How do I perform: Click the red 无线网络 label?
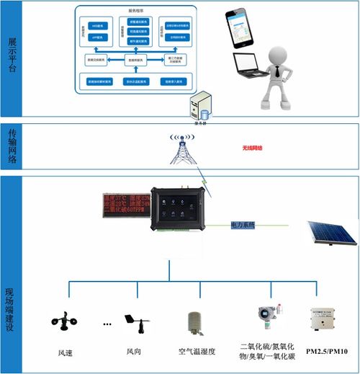point(253,148)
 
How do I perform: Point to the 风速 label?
point(66,353)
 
